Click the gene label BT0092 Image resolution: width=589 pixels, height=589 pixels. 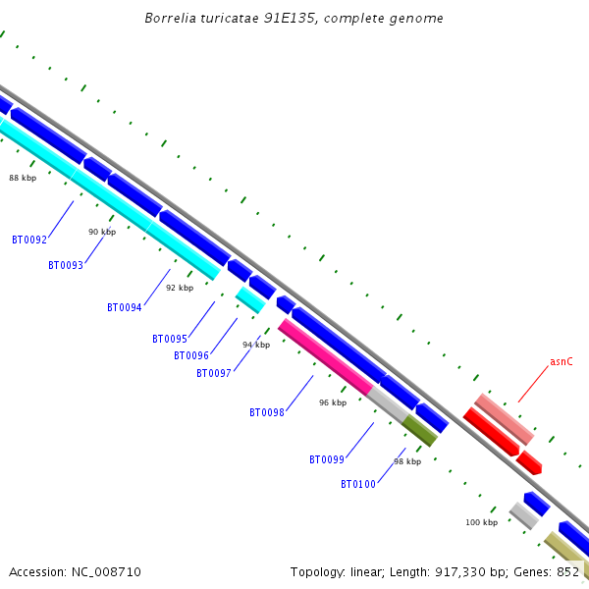point(29,240)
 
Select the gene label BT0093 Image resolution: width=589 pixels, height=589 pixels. point(66,265)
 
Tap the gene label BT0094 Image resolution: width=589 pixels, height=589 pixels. point(125,307)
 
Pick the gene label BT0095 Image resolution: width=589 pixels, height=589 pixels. point(170,339)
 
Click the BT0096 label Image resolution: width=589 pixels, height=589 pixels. point(191,355)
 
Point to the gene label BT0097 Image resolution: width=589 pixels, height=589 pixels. point(214,373)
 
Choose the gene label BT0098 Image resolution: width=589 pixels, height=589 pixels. point(267,412)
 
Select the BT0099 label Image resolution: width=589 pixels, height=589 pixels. point(327,459)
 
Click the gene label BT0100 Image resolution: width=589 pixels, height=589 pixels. point(358,484)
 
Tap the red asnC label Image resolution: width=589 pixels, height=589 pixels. point(562,361)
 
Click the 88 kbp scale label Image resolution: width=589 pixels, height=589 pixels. point(23,178)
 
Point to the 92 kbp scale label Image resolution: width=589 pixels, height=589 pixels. point(180,288)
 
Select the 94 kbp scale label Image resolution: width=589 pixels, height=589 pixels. point(256,345)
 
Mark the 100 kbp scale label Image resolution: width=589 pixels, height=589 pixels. point(481,522)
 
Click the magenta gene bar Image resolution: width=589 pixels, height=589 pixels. point(324,356)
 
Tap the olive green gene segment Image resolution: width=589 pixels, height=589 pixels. point(419,430)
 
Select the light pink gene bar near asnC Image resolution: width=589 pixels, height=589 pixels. point(504,419)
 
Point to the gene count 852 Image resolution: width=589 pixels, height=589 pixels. point(567,571)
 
